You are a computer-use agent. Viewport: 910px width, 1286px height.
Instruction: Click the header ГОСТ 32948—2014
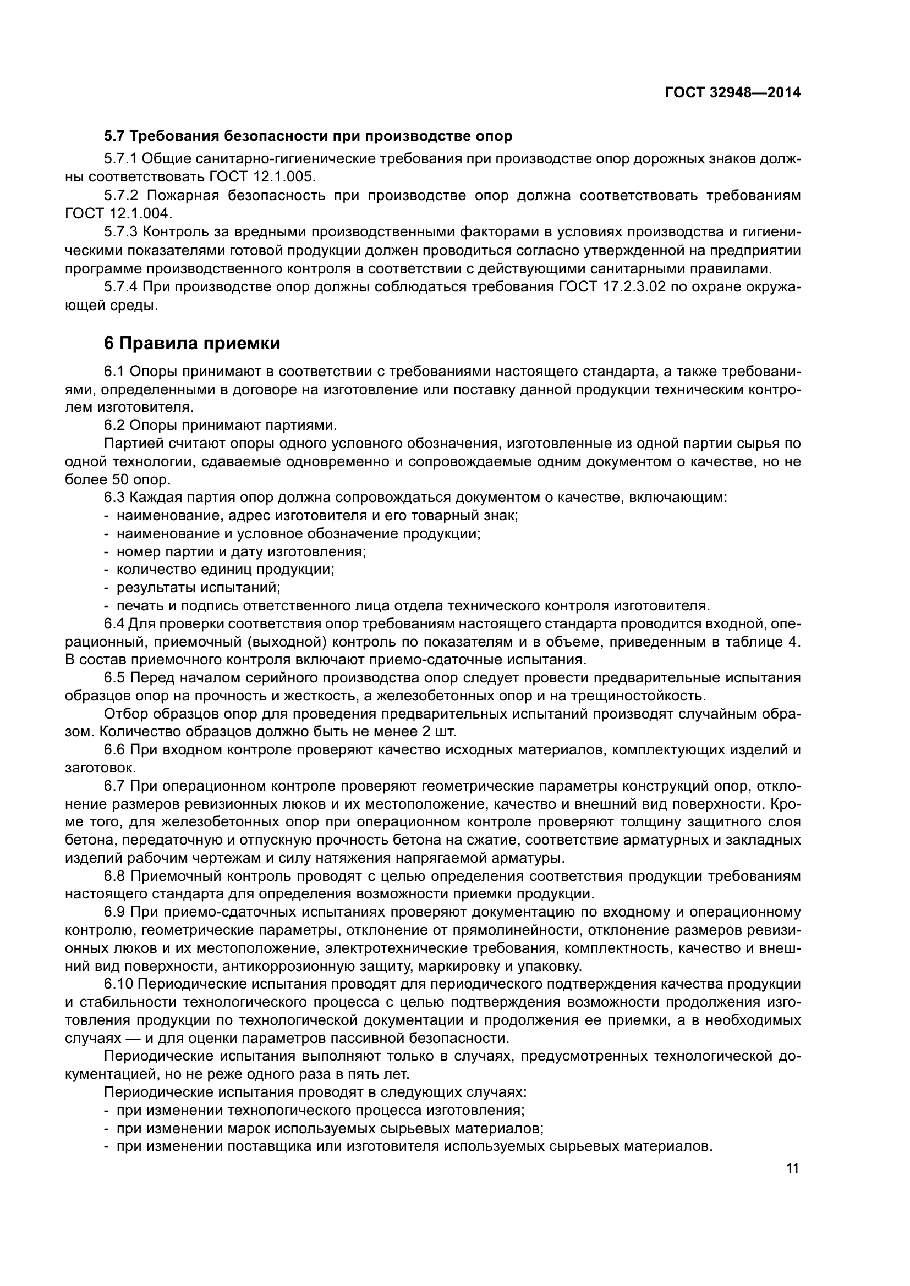click(x=732, y=92)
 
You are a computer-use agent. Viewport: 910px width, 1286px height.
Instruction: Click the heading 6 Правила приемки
click(x=191, y=343)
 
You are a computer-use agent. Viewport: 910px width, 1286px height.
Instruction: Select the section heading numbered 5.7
click(x=308, y=136)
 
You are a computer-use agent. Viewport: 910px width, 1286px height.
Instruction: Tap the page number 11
click(x=792, y=1168)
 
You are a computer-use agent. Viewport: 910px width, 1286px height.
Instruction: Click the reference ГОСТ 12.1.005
click(x=262, y=177)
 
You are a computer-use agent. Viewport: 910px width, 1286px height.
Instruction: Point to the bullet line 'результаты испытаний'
click(x=198, y=588)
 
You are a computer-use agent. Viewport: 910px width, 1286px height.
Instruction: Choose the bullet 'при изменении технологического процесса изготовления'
click(x=320, y=1110)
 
